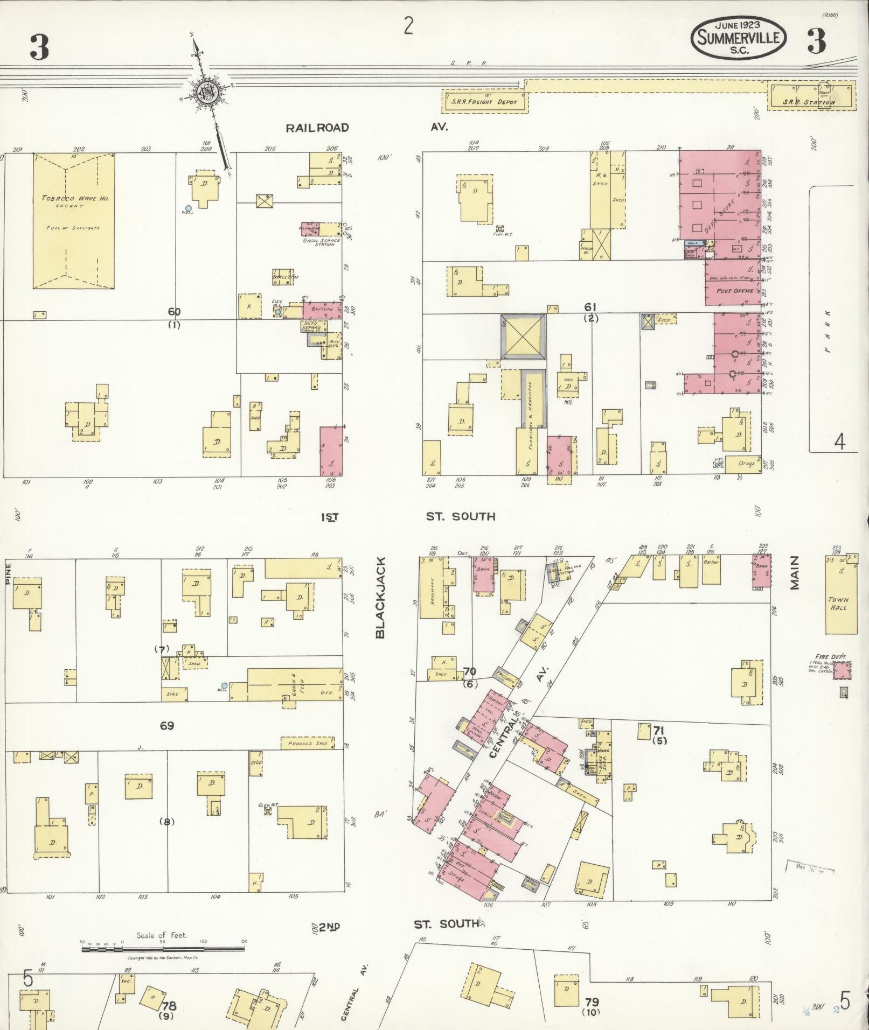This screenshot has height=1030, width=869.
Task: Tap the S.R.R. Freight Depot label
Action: pos(485,102)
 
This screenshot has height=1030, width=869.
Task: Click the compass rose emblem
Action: pos(206,92)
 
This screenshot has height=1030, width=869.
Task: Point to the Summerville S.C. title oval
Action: pos(738,37)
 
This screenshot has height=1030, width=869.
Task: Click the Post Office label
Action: pos(735,291)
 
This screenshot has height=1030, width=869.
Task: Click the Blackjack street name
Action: pos(381,598)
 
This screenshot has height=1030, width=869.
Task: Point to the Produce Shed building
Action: pos(307,744)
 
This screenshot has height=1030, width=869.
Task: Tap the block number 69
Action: pos(166,726)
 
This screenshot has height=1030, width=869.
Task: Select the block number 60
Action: pos(173,312)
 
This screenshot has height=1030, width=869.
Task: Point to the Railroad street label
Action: pos(317,128)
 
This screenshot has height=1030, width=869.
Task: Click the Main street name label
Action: pos(795,573)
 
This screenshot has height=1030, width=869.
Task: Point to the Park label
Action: pos(827,331)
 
